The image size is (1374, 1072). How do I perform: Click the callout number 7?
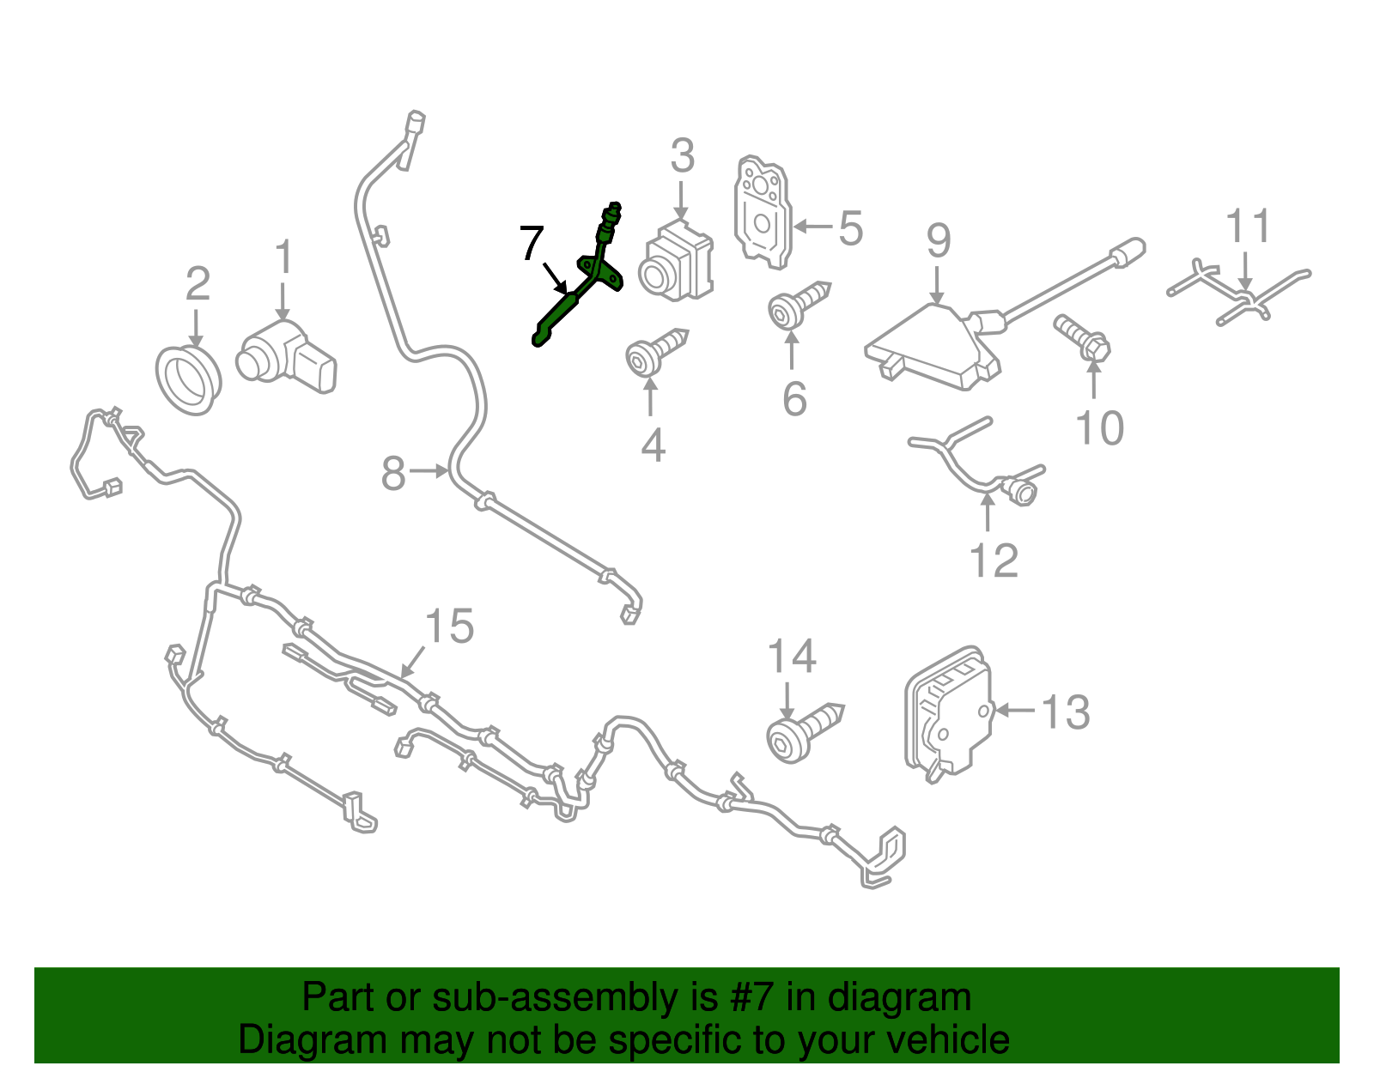532,243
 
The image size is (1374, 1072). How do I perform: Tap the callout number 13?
1066,712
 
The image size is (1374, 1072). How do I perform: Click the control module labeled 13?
948,714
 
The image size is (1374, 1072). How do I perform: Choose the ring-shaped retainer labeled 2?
188,379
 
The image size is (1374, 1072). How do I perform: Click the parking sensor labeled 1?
286,358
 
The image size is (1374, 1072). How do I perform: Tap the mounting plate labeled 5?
763,212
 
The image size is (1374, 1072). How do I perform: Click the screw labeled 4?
656,353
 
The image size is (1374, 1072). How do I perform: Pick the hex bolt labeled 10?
1082,339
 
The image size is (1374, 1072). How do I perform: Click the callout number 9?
939,240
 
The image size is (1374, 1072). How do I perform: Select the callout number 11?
1248,226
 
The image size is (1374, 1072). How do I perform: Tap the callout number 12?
994,560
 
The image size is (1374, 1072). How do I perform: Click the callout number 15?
449,626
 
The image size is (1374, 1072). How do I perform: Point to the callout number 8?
392,473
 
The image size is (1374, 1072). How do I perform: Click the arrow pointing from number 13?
1016,710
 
